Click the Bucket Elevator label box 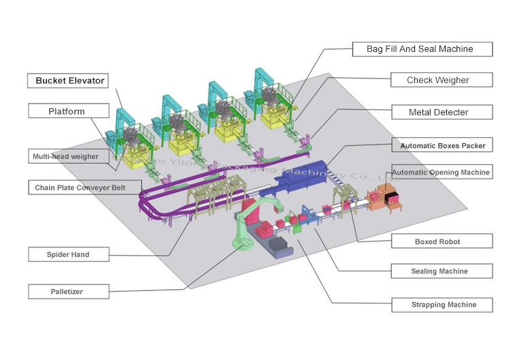pos(70,81)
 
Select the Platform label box pos(67,111)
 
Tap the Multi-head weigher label pos(65,156)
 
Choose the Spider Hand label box pos(68,254)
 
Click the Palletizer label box pos(68,292)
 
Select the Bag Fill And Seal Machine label pos(421,48)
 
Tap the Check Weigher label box pos(440,80)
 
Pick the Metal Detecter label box pos(440,111)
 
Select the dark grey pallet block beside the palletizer pos(279,245)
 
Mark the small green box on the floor pos(298,230)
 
